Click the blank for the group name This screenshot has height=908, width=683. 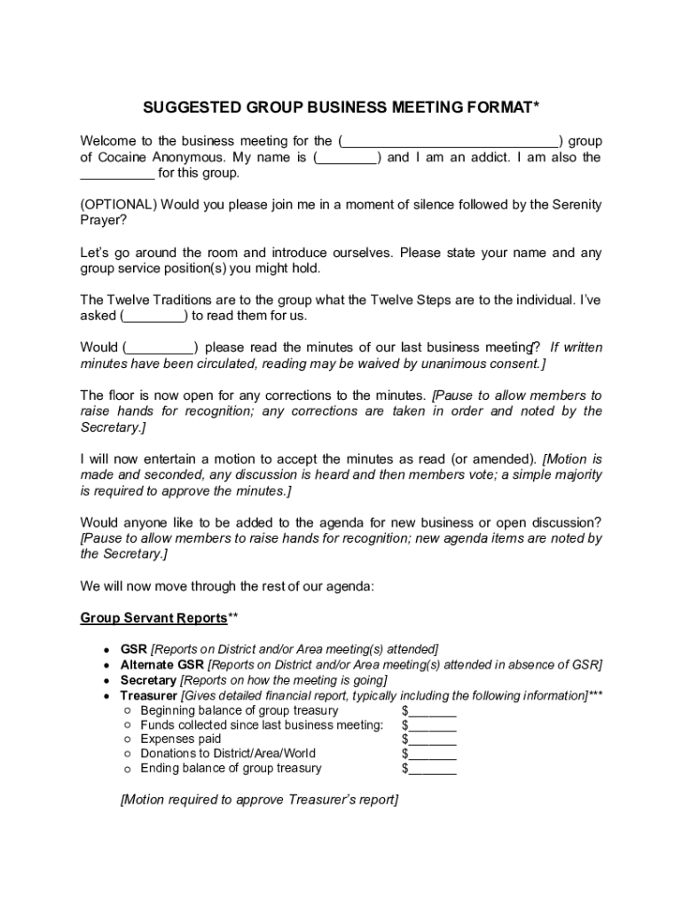tap(451, 142)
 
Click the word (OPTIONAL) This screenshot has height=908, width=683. tap(119, 205)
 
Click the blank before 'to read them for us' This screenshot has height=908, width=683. tap(153, 316)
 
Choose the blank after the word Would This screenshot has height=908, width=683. tap(161, 348)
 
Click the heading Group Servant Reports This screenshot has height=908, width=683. tap(153, 617)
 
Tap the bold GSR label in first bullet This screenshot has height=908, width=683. tap(134, 649)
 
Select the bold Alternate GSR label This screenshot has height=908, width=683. tap(161, 664)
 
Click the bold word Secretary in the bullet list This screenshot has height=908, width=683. tap(148, 680)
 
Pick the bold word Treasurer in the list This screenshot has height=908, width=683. tap(148, 695)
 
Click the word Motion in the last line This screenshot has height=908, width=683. tap(145, 800)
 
